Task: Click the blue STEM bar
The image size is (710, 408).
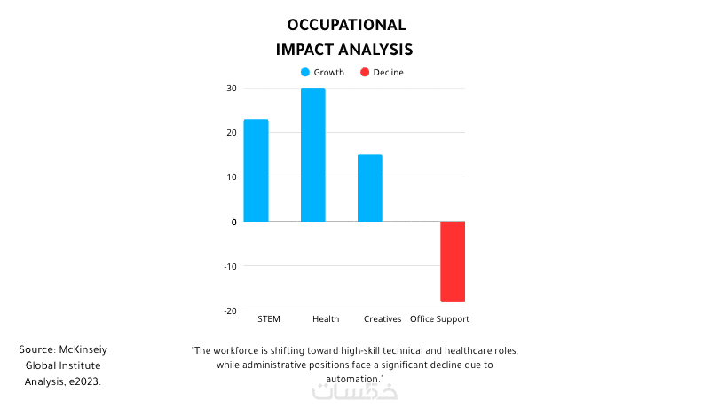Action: tap(256, 170)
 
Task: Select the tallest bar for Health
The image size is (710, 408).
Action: tap(313, 154)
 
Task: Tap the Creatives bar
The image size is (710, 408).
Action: tap(370, 188)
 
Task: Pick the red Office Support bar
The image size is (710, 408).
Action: tap(453, 262)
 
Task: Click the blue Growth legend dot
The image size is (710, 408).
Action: tap(305, 72)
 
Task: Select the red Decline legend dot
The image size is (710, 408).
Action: tap(365, 72)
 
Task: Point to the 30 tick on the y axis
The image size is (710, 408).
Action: tap(232, 88)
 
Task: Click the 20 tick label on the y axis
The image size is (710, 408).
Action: tap(232, 132)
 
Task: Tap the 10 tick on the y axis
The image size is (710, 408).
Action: tap(232, 177)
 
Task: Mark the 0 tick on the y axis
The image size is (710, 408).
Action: tap(233, 222)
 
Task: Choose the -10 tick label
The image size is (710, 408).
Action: tap(230, 266)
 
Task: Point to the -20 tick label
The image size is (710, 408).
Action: tap(230, 310)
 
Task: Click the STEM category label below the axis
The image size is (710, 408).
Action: tap(269, 319)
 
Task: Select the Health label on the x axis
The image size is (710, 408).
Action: tap(326, 319)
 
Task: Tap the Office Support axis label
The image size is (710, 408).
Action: tap(439, 319)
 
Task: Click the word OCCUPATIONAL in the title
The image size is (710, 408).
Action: tap(346, 25)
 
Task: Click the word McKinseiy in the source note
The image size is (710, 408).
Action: tap(83, 349)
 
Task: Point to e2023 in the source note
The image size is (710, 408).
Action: tap(83, 381)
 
